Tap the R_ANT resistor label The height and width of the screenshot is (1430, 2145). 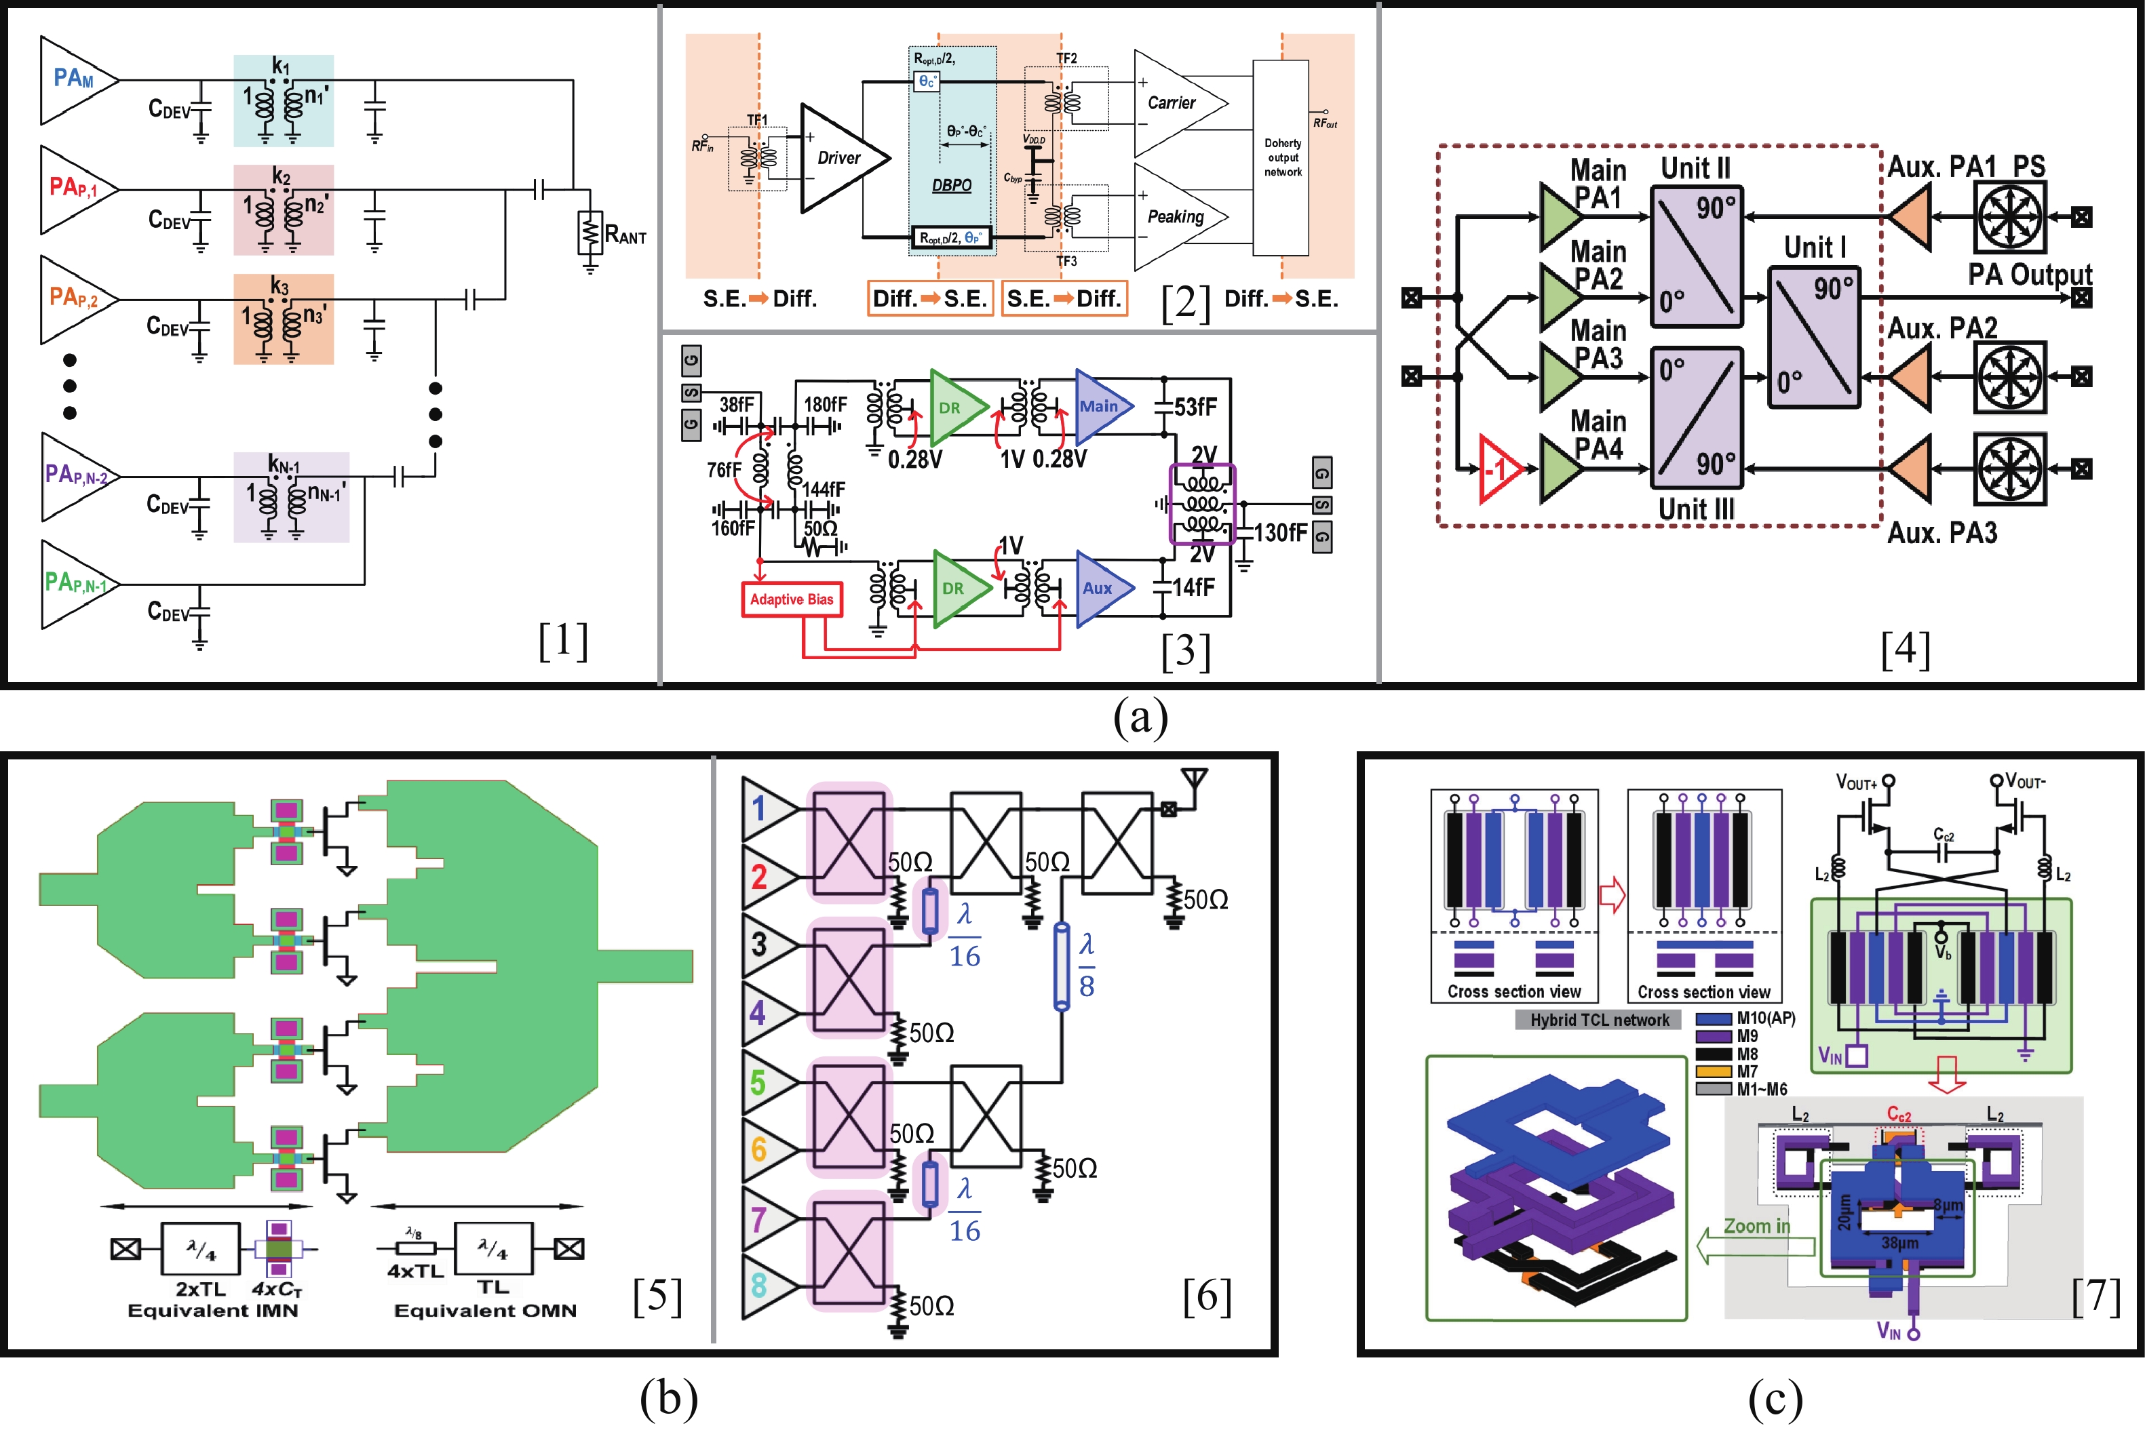626,236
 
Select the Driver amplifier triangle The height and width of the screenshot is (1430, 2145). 838,158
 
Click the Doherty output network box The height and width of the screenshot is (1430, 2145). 1281,158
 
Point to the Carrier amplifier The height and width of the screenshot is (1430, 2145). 1175,103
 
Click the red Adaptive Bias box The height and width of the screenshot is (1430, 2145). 791,599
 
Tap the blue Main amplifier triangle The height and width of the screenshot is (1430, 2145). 1100,407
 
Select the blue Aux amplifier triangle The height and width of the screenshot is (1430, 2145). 1100,589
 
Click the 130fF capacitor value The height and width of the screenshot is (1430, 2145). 1279,532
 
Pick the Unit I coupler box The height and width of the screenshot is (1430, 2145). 1814,336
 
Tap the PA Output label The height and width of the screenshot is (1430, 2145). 2028,275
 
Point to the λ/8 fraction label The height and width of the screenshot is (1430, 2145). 1086,965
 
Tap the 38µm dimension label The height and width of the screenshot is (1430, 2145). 1899,1243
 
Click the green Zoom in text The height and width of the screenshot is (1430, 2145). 1756,1227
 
